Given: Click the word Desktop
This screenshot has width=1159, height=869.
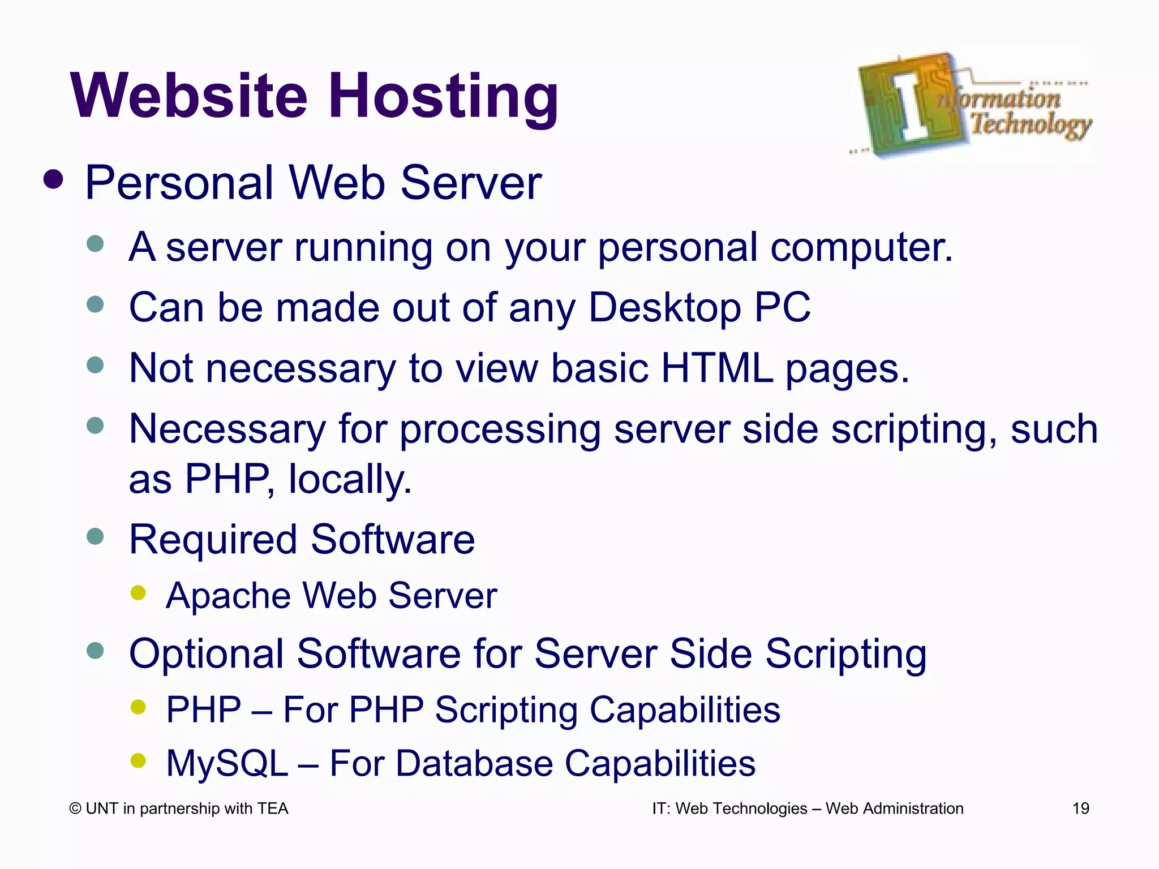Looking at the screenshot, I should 665,308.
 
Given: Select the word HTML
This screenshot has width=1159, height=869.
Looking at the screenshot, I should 716,368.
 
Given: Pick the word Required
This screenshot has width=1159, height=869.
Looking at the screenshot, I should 213,540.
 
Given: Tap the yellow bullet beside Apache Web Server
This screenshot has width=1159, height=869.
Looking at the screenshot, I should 138,593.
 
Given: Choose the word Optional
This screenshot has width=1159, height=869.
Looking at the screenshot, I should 206,654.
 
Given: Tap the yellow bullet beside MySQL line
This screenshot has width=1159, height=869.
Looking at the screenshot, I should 138,760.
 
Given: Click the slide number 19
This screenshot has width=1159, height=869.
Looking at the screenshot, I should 1080,808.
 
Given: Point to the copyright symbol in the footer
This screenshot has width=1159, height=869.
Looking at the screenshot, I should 75,809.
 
